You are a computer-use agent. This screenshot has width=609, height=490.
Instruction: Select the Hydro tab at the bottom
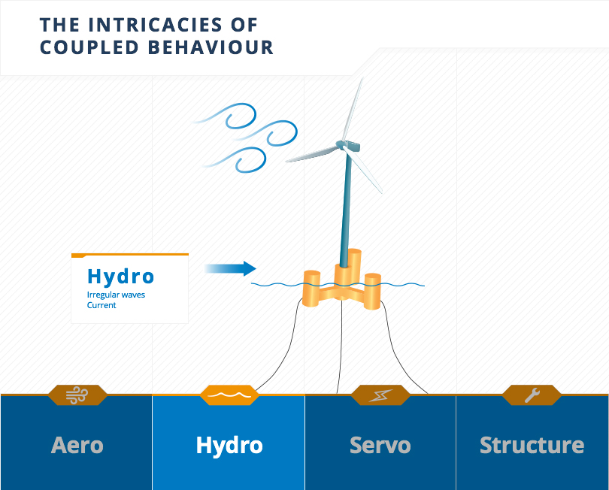[x=229, y=445]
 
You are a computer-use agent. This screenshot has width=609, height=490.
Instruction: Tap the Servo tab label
[x=380, y=445]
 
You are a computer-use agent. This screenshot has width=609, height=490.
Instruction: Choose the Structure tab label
[x=532, y=445]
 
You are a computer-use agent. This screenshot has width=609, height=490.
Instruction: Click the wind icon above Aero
[x=77, y=395]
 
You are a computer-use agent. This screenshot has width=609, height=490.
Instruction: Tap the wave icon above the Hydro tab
[x=229, y=395]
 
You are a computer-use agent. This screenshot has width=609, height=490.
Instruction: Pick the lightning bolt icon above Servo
[x=380, y=395]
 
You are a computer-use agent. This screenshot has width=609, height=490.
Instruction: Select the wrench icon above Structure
[x=532, y=395]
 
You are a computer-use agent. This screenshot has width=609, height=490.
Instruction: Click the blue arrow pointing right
[x=230, y=268]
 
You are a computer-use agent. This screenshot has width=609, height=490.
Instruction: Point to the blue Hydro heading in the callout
[x=120, y=277]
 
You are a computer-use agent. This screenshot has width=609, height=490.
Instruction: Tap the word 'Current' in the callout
[x=101, y=305]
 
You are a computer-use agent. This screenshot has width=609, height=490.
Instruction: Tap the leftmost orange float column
[x=311, y=286]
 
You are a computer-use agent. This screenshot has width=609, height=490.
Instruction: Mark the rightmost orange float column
[x=372, y=291]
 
